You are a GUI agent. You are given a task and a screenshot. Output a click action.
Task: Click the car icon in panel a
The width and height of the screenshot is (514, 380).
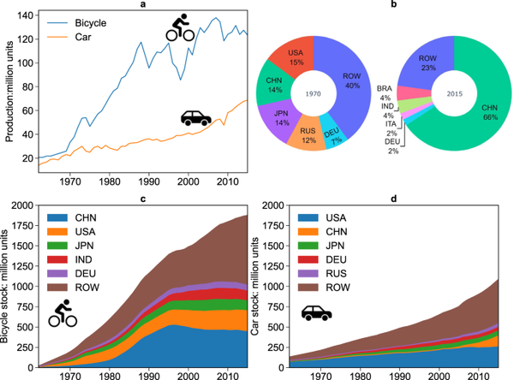196,117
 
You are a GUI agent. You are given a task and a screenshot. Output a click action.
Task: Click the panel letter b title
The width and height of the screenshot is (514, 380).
393,5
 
